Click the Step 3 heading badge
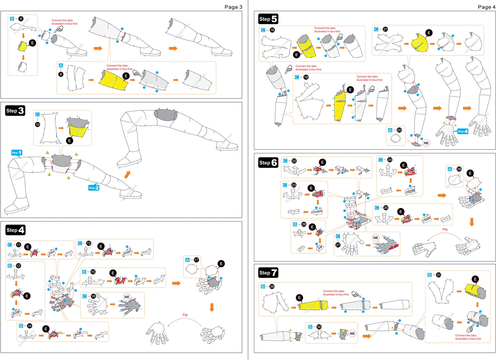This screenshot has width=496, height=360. tap(15, 111)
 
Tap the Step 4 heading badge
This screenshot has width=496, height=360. tap(15, 230)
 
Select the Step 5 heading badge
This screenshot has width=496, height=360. tap(268, 19)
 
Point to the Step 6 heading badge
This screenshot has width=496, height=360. tap(268, 163)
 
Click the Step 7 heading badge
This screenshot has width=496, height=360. tap(268, 273)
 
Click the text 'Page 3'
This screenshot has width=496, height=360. tap(233, 7)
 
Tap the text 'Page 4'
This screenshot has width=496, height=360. tap(486, 7)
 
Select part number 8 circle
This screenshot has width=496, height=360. tap(21, 19)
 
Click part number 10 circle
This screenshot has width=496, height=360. tap(37, 124)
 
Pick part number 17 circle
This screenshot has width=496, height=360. tap(196, 260)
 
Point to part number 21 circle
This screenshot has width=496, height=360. tap(385, 29)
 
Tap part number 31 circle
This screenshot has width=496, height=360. tap(438, 275)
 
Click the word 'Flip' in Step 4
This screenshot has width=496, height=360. tap(185, 315)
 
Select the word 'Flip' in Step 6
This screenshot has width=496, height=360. tap(445, 229)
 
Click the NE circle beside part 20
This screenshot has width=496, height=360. tap(426, 143)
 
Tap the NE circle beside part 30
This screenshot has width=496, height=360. tap(352, 334)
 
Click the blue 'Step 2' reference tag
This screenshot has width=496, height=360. tap(94, 188)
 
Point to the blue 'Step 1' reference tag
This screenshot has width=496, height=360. tap(17, 153)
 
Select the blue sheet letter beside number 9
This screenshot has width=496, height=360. tap(61, 65)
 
